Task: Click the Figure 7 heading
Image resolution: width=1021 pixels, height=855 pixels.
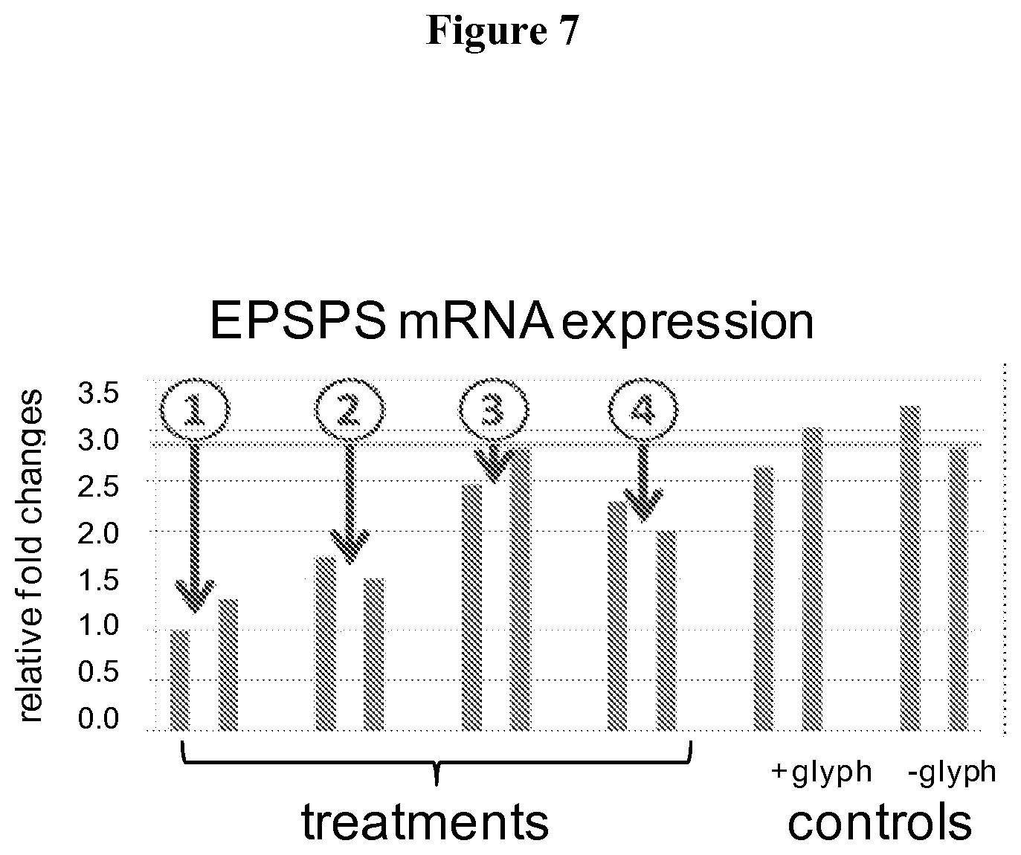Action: (503, 30)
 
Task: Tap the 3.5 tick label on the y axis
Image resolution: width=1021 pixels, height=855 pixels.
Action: (98, 393)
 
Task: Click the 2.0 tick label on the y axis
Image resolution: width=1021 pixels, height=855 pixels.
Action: (98, 533)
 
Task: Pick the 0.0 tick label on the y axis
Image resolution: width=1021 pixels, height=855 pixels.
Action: (98, 719)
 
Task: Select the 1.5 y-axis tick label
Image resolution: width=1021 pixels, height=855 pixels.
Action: (98, 580)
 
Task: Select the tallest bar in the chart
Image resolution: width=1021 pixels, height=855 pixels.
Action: (910, 569)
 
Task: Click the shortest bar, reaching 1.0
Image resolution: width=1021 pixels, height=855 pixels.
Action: (179, 680)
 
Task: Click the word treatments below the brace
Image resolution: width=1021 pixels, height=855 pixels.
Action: (425, 822)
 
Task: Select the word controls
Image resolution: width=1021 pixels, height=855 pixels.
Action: (880, 822)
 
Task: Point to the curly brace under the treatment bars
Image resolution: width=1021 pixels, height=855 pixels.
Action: (437, 763)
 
